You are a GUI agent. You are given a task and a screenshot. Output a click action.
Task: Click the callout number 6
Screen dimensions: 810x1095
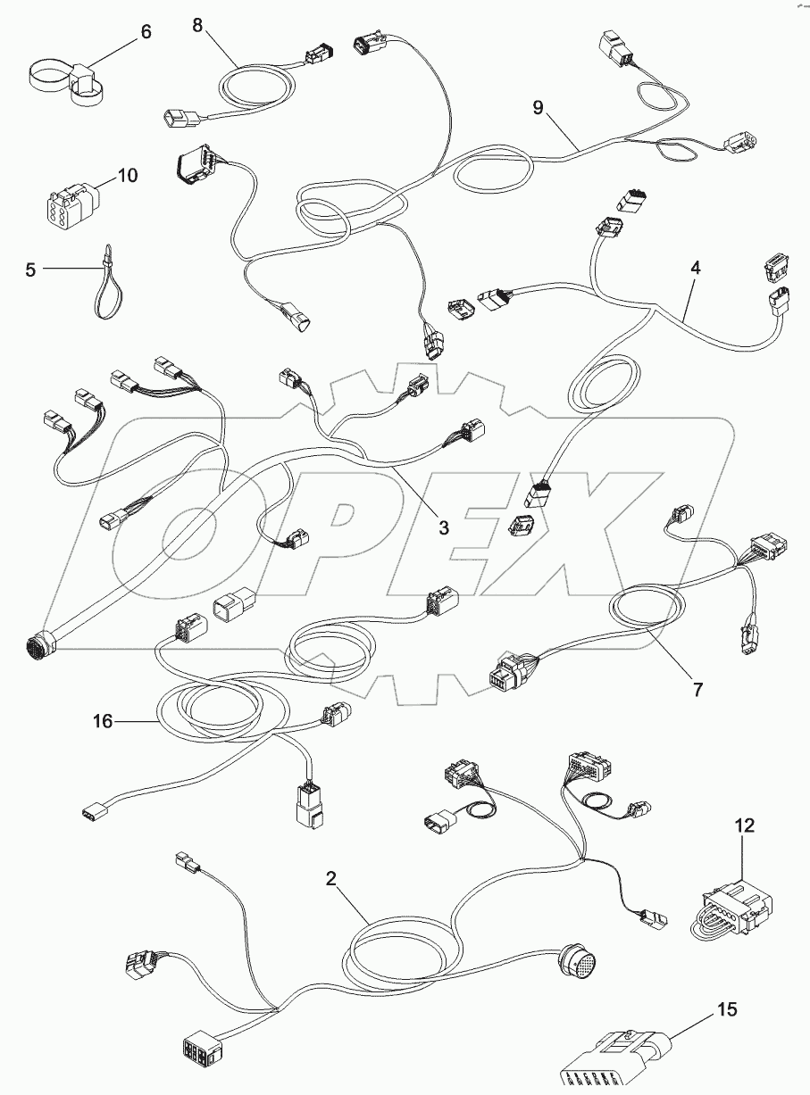[146, 32]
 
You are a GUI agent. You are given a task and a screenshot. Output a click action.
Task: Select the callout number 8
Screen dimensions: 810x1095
[197, 24]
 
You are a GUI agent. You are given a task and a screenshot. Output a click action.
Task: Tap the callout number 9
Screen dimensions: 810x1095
[538, 108]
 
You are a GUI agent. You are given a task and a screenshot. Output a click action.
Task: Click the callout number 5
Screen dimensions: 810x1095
[31, 269]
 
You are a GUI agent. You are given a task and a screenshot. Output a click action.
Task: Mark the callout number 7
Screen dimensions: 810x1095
[697, 688]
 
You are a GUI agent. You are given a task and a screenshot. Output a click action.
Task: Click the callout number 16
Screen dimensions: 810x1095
[104, 720]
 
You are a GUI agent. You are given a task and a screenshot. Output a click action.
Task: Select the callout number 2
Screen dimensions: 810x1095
[331, 878]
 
